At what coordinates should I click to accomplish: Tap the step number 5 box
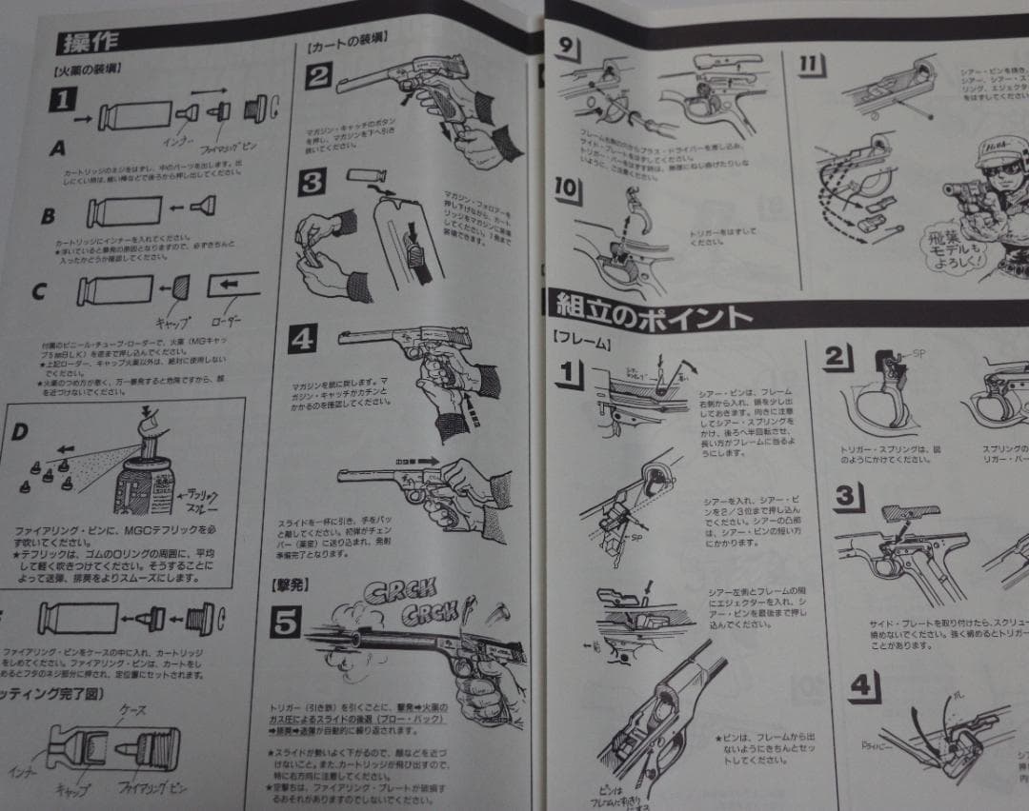pyautogui.click(x=285, y=623)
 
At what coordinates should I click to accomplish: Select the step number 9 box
pyautogui.click(x=565, y=49)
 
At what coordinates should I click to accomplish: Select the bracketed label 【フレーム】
pyautogui.click(x=581, y=338)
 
